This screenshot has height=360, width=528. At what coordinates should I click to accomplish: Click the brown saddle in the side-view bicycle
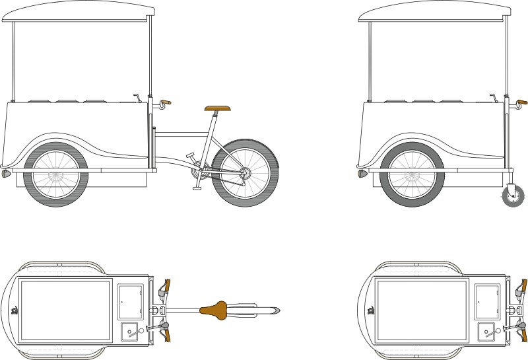(x=217, y=108)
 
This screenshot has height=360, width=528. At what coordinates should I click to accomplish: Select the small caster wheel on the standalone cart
(x=512, y=196)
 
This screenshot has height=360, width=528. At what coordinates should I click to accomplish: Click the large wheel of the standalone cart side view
(x=412, y=175)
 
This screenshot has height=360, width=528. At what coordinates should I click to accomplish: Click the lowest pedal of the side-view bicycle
(x=197, y=188)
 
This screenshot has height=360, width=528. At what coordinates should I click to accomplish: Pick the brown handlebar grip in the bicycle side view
(x=166, y=102)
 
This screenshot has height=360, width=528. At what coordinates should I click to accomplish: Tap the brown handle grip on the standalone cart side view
(x=522, y=102)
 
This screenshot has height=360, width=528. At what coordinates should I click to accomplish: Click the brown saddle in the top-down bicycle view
(x=217, y=309)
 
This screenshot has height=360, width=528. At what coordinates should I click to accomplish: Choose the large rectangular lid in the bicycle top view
(x=65, y=309)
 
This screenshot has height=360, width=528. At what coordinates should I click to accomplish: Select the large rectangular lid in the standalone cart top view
(x=421, y=309)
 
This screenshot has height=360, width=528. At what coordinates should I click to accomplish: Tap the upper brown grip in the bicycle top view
(x=166, y=287)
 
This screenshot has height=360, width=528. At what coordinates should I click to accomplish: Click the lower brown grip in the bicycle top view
(x=166, y=334)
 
